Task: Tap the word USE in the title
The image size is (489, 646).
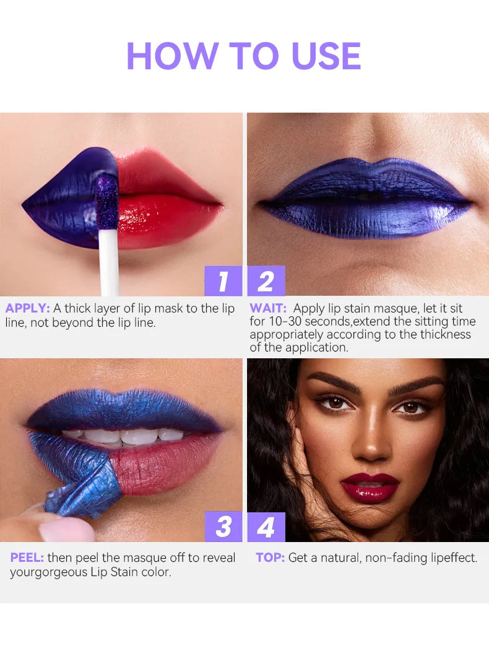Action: coord(326,56)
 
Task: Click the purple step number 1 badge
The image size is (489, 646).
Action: coord(223,281)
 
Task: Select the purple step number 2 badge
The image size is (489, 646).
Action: coord(266,281)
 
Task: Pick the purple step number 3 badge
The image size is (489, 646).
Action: coord(223,527)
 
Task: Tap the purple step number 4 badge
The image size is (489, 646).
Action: coord(266,527)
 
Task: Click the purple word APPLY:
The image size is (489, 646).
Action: coord(28,308)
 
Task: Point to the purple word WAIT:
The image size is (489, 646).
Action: coord(268,308)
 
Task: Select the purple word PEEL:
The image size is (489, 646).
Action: coord(27,558)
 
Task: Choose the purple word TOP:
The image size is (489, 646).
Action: coord(270,558)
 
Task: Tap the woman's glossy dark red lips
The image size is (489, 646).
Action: coord(370,488)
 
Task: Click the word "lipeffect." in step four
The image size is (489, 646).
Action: coord(454,558)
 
